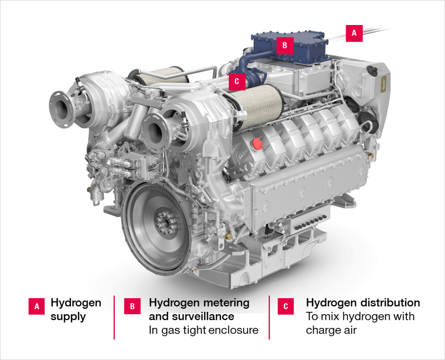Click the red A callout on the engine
(354, 33)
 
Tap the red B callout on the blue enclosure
(285, 45)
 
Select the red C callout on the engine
(237, 81)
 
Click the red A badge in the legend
(37, 306)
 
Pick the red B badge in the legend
(132, 306)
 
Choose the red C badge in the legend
(286, 306)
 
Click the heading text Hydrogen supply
(76, 309)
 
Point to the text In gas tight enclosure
(203, 330)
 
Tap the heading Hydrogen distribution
(363, 302)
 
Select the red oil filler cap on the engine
(258, 143)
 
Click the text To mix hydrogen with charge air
(360, 323)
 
